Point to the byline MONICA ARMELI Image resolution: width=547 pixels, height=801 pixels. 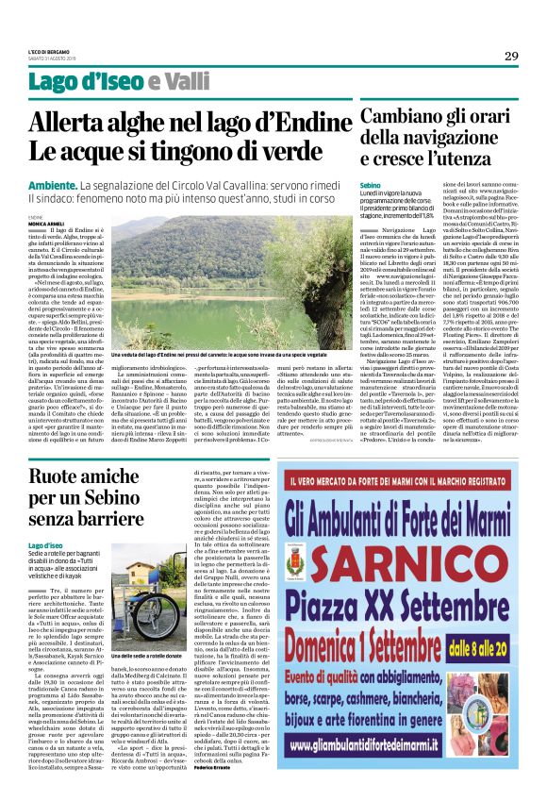(44, 223)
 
